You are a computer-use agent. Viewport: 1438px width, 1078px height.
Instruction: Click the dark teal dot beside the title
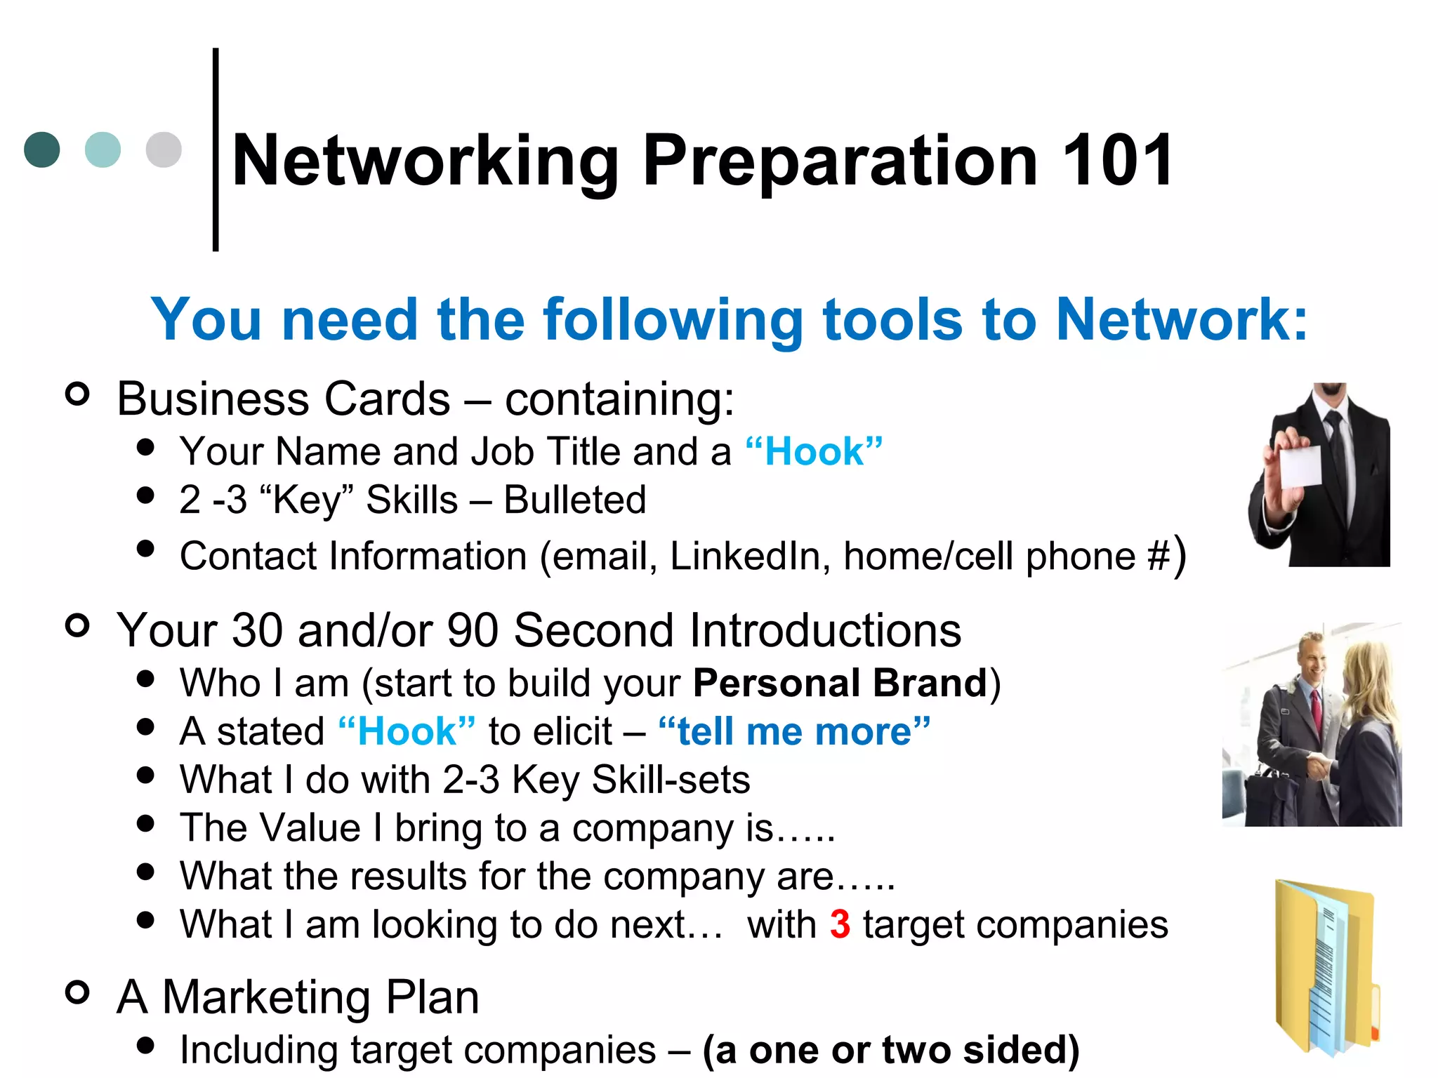point(42,149)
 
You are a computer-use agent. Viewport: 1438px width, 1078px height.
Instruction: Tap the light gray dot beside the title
point(164,149)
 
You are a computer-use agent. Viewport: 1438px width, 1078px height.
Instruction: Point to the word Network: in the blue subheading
point(1182,319)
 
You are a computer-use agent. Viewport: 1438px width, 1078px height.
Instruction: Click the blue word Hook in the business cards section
point(814,451)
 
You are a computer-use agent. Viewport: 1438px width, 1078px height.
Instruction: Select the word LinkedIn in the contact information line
point(745,557)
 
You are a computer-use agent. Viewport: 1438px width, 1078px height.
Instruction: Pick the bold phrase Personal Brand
point(840,683)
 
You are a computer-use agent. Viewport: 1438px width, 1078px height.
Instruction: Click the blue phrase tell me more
point(794,731)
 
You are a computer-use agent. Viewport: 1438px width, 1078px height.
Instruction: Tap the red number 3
point(840,924)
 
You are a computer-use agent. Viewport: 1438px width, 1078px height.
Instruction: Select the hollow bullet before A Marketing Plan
point(77,992)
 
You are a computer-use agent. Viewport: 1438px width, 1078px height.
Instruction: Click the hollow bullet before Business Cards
point(77,394)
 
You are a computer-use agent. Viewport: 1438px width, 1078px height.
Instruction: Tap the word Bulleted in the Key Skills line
point(575,500)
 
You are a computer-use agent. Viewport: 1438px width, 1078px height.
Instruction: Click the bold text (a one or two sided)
point(891,1050)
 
